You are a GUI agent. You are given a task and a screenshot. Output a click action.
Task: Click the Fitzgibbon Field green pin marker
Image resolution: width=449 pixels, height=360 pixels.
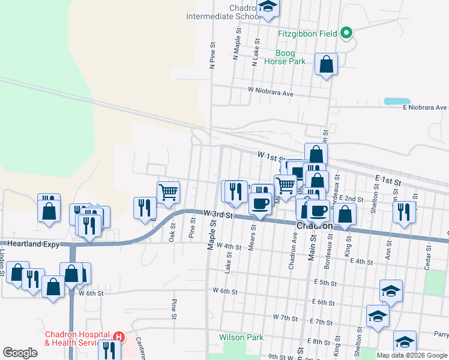pyautogui.click(x=346, y=33)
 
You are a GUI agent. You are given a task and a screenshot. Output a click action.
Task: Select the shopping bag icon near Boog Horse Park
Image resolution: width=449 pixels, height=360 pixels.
pyautogui.click(x=326, y=64)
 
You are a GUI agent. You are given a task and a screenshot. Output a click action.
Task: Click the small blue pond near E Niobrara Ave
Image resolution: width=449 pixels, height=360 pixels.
pyautogui.click(x=393, y=101)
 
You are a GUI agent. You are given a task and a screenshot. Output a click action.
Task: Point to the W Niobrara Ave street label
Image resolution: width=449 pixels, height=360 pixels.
pyautogui.click(x=271, y=94)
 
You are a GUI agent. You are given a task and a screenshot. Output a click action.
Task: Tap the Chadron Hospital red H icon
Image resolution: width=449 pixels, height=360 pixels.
pyautogui.click(x=119, y=338)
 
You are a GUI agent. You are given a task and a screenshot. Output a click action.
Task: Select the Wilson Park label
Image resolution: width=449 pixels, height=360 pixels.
pyautogui.click(x=241, y=337)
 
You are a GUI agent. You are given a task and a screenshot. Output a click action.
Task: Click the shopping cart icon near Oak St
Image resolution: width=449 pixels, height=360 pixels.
pyautogui.click(x=169, y=193)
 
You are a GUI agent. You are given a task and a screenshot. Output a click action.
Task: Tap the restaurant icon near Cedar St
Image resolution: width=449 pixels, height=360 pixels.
pyautogui.click(x=404, y=211)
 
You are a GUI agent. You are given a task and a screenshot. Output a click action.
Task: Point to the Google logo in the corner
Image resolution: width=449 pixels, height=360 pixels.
pyautogui.click(x=20, y=353)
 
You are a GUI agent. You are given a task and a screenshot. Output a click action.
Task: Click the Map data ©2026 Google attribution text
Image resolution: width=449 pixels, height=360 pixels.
pyautogui.click(x=412, y=355)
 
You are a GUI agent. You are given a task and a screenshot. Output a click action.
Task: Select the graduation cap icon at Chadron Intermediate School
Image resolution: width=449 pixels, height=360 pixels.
pyautogui.click(x=268, y=7)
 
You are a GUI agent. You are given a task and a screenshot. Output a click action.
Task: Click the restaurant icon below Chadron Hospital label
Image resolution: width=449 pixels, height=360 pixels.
pyautogui.click(x=108, y=350)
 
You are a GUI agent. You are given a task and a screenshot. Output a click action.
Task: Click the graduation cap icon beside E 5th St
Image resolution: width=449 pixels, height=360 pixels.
pyautogui.click(x=391, y=291)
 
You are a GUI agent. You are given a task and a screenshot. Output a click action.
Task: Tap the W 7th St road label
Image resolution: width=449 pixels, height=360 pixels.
pyautogui.click(x=285, y=316)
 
